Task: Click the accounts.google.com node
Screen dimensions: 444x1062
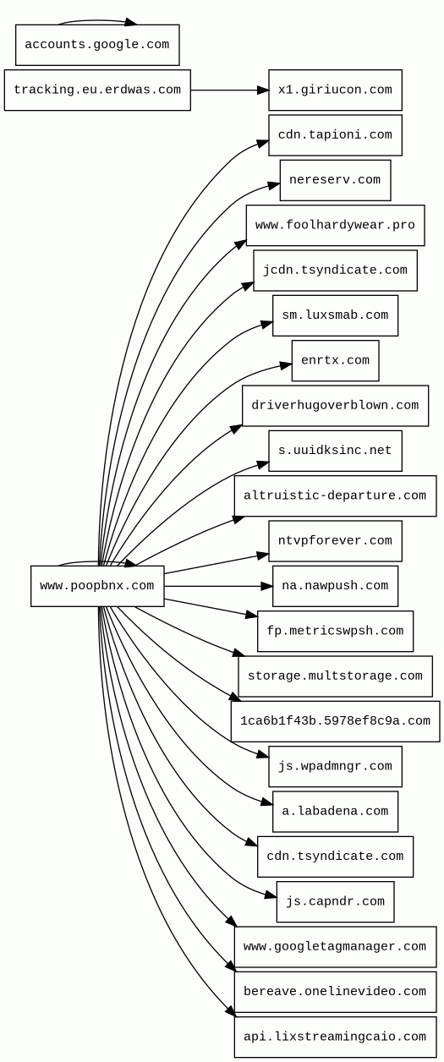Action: pos(97,45)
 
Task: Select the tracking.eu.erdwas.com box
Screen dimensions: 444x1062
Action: pos(97,90)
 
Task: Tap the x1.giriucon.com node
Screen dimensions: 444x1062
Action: pos(335,90)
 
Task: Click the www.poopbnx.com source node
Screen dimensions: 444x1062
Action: pos(97,586)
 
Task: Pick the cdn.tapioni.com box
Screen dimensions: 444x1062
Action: pos(335,135)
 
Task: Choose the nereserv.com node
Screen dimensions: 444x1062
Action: pos(335,180)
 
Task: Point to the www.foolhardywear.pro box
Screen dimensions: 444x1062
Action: pos(335,225)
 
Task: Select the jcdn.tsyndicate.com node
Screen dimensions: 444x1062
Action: pos(335,271)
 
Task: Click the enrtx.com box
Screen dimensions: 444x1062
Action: pos(335,360)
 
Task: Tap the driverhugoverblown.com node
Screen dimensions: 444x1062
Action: pos(335,405)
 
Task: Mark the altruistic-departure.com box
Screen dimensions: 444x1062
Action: pos(335,496)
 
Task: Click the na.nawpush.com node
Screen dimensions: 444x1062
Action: pos(335,586)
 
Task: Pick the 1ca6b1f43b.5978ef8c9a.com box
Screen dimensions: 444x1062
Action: pos(335,721)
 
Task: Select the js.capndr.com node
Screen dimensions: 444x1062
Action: pos(335,901)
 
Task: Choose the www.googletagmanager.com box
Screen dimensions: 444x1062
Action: pos(335,947)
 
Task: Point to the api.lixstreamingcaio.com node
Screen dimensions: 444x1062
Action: pos(335,1037)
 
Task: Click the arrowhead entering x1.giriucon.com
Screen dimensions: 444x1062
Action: pos(263,90)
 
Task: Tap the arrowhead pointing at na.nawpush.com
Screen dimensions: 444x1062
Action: pos(267,586)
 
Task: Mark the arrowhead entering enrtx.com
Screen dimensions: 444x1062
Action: pos(286,365)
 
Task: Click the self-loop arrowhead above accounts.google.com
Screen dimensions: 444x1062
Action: pos(131,22)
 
